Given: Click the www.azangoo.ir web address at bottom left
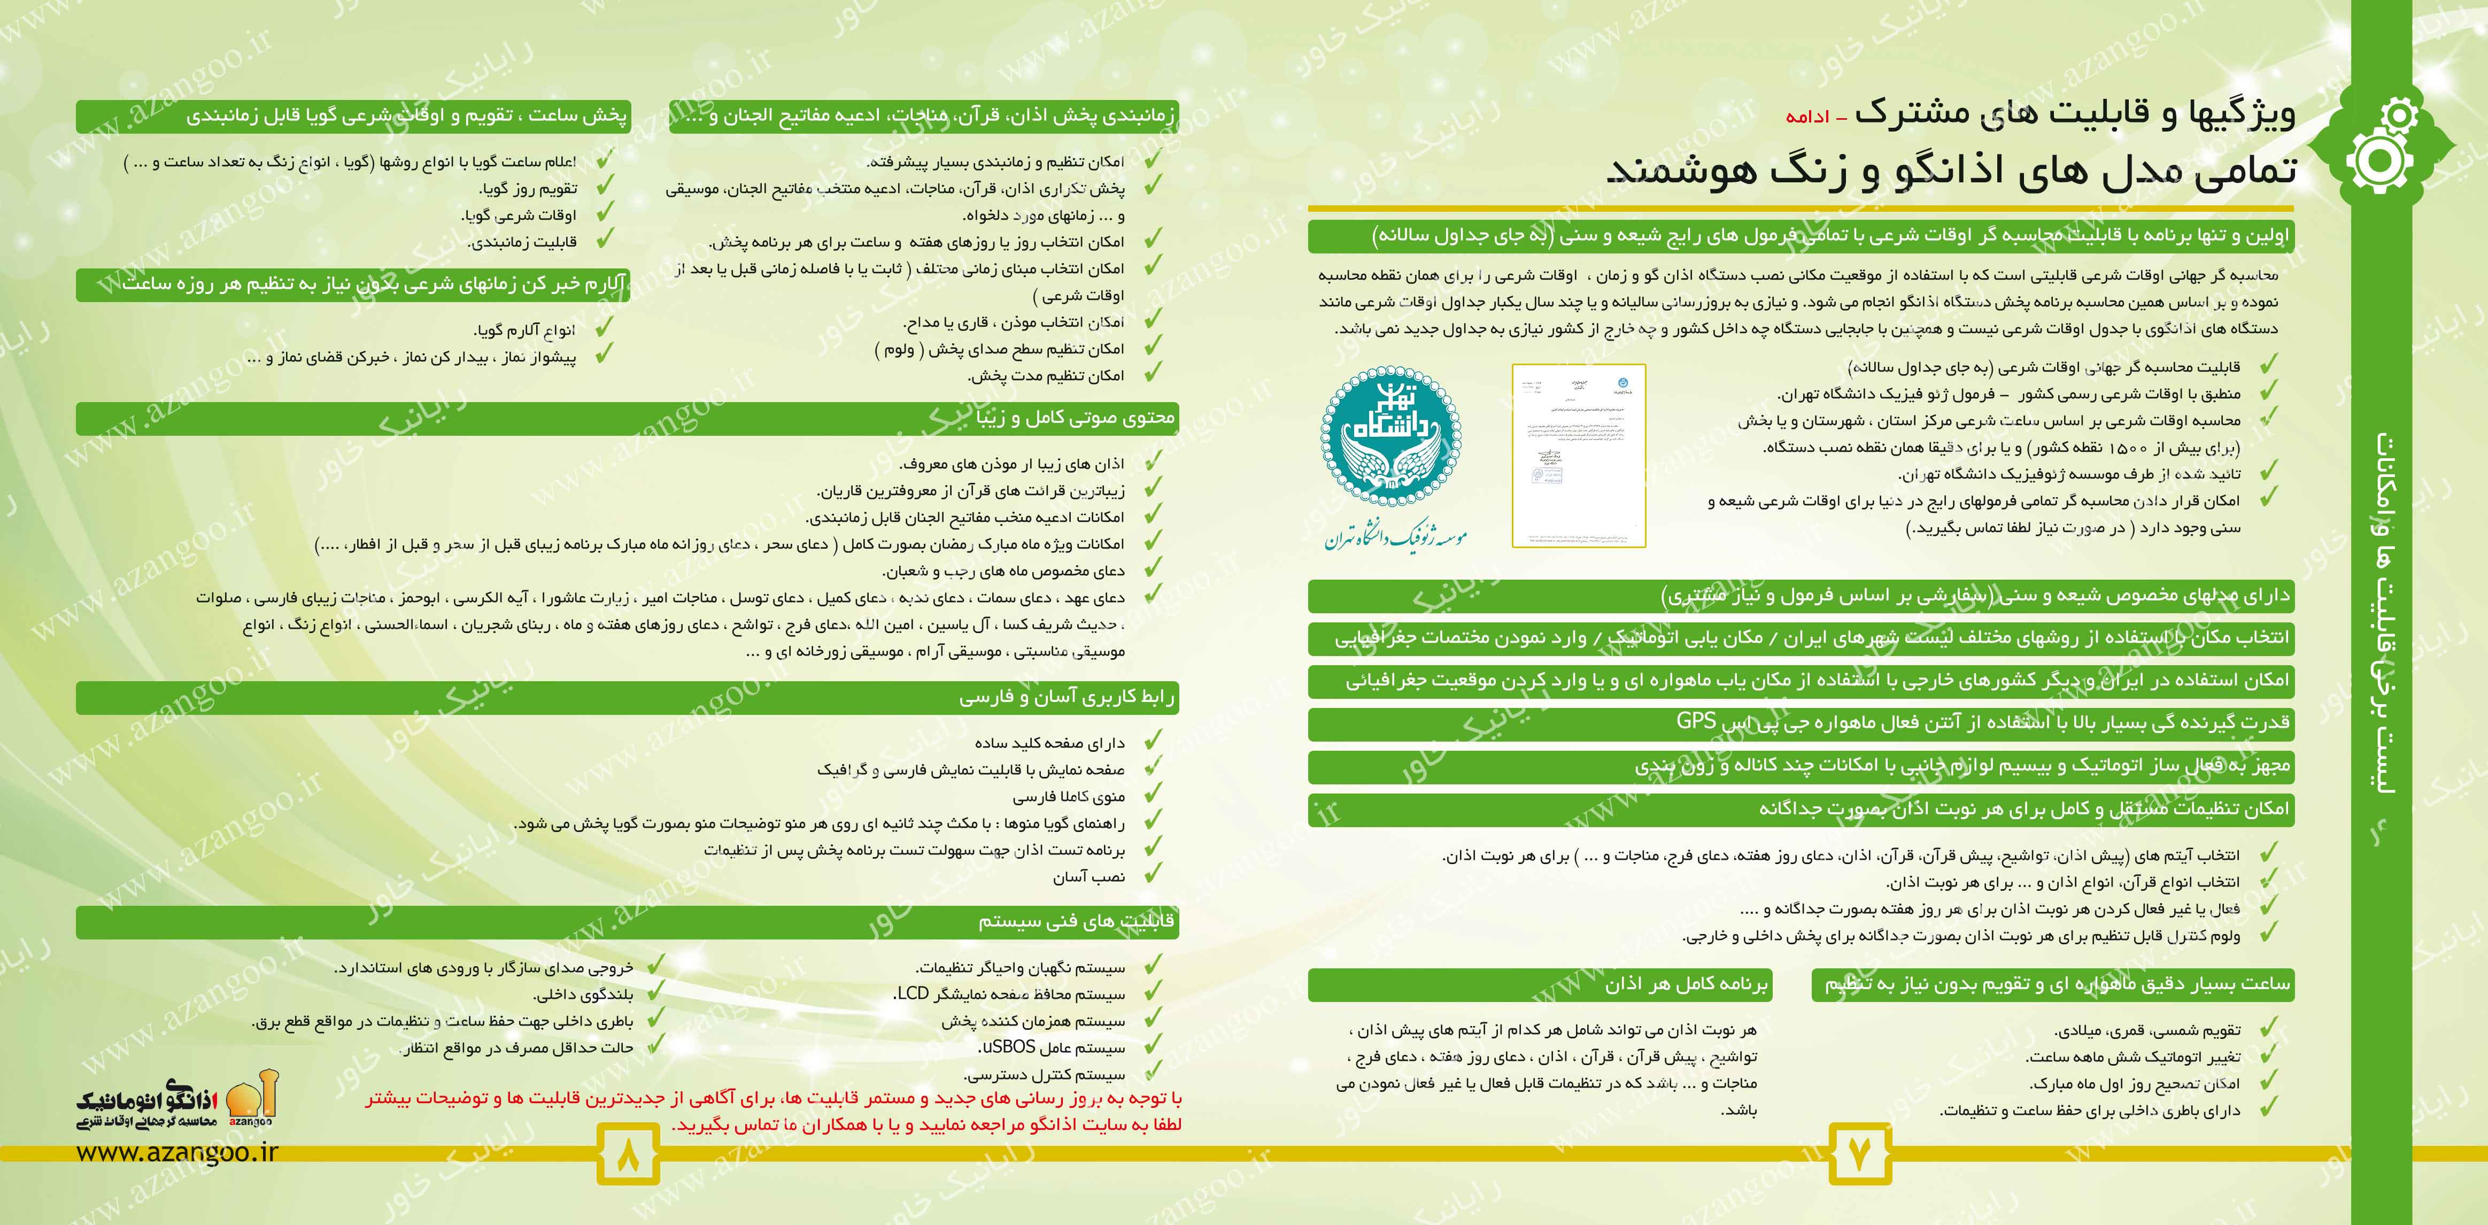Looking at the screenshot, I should click(177, 1152).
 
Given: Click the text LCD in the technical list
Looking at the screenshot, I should click(912, 993).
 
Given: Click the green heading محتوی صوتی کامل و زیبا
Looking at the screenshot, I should click(1075, 418).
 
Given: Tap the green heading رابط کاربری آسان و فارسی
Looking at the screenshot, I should click(1067, 697).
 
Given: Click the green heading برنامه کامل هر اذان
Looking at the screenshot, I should click(1686, 984).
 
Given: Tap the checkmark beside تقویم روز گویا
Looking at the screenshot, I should click(605, 188).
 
